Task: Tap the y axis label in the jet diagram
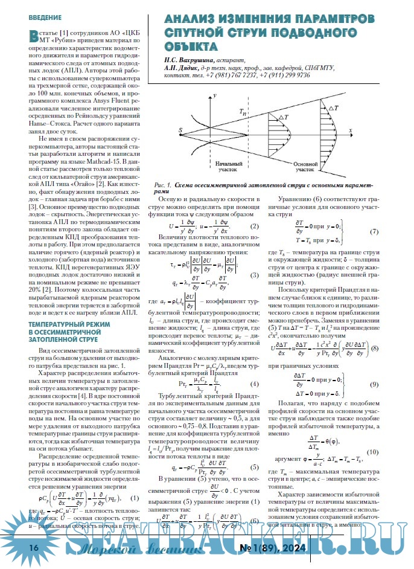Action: point(215,98)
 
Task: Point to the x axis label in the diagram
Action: point(351,129)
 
